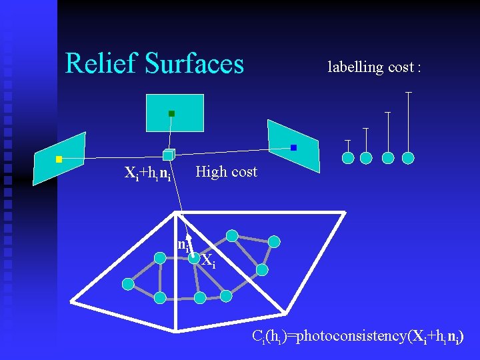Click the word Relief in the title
point(101,64)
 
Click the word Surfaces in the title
point(194,64)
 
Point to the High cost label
point(226,172)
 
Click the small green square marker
point(171,114)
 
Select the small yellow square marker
point(59,159)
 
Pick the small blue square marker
point(293,147)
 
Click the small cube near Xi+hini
point(168,155)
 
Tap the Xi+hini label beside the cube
point(148,175)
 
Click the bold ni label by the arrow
point(183,245)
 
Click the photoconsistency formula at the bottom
point(358,336)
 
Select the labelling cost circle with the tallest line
point(408,158)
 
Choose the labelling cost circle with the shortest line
point(348,158)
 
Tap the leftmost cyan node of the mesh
point(127,284)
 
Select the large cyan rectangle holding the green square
point(175,113)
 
